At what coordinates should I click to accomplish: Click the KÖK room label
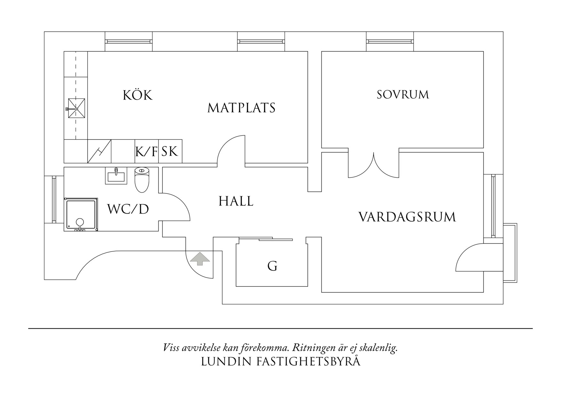tap(138, 95)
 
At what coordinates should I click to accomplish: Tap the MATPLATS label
tap(241, 108)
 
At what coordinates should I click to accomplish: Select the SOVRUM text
tap(403, 95)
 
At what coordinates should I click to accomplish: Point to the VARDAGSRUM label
tap(407, 217)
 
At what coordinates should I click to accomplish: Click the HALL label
tap(236, 201)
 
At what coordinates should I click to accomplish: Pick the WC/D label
tap(128, 209)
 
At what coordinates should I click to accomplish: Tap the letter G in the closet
tap(272, 266)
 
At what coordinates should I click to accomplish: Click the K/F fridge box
tap(146, 151)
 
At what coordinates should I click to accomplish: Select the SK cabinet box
tap(170, 151)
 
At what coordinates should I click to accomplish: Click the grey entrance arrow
tap(200, 258)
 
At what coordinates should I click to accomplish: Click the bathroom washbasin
tap(116, 176)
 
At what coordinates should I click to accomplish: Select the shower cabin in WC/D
tap(81, 214)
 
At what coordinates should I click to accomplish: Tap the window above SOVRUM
tap(390, 41)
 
